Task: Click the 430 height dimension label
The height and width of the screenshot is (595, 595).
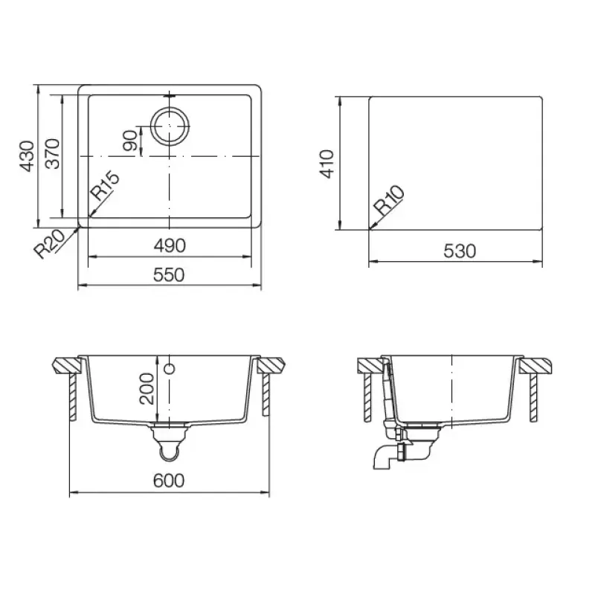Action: pyautogui.click(x=28, y=156)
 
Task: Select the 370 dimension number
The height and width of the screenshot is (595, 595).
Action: pyautogui.click(x=52, y=154)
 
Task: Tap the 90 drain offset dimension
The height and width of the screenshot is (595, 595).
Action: pyautogui.click(x=129, y=141)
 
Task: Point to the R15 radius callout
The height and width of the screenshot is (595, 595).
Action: pyautogui.click(x=104, y=186)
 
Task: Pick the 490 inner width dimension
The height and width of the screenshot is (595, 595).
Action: pyautogui.click(x=170, y=246)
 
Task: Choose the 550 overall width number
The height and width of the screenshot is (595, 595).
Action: pyautogui.click(x=169, y=274)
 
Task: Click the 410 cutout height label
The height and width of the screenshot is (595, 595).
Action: pyautogui.click(x=327, y=164)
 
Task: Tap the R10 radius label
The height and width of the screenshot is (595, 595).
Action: pyautogui.click(x=388, y=200)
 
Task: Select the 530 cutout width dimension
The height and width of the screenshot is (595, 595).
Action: pyautogui.click(x=460, y=251)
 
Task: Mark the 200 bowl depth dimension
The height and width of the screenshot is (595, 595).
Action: pyautogui.click(x=147, y=388)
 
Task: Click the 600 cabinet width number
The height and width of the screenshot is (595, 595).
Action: pyautogui.click(x=169, y=480)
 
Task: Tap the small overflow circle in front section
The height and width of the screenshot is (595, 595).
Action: pyautogui.click(x=170, y=368)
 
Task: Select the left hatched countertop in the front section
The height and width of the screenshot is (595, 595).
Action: pyautogui.click(x=67, y=365)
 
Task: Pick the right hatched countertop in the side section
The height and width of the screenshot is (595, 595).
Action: pyautogui.click(x=536, y=366)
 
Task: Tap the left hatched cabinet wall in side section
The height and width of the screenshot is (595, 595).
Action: pyautogui.click(x=367, y=398)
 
